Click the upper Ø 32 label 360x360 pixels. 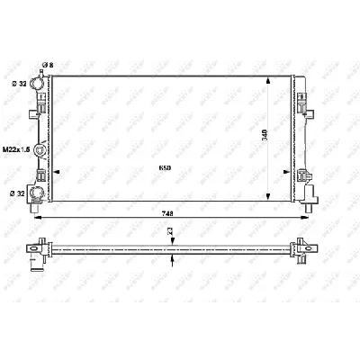coord(15,85)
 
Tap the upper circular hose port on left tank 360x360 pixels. coord(36,85)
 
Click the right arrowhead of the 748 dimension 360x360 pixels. coord(310,216)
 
